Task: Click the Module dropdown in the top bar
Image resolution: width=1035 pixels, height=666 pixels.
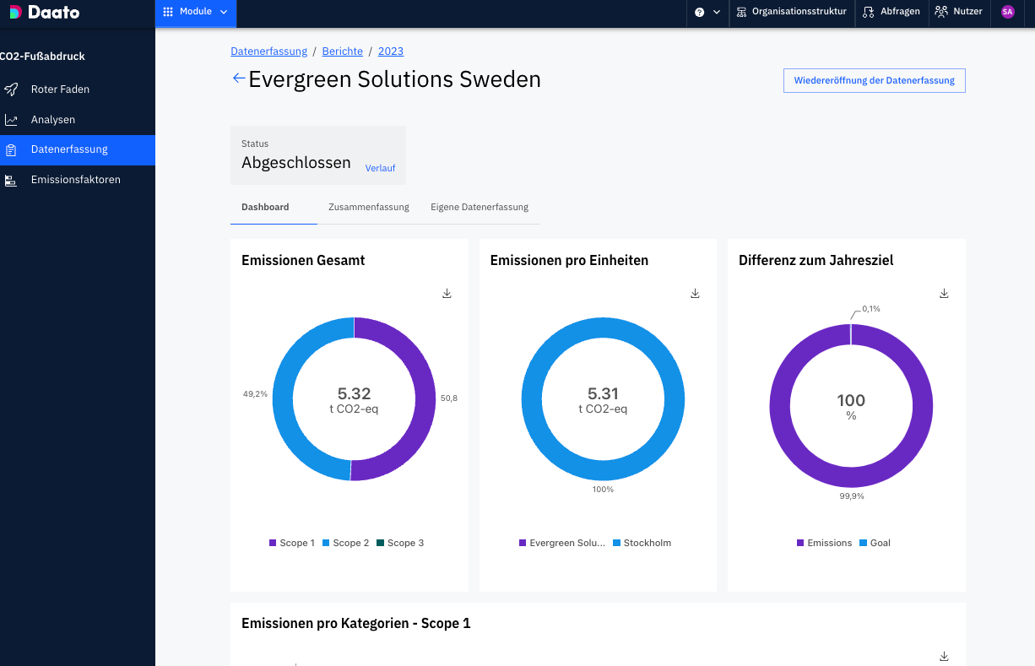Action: click(196, 13)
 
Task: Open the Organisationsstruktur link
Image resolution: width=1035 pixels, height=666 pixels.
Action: click(791, 13)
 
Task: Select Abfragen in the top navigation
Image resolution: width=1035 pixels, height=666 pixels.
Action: click(891, 13)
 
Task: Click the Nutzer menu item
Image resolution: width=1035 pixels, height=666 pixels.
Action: click(958, 13)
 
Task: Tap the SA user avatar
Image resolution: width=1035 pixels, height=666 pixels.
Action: click(1007, 13)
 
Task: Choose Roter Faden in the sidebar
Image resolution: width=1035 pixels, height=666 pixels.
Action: click(60, 89)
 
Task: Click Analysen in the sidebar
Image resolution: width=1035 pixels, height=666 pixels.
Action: click(53, 120)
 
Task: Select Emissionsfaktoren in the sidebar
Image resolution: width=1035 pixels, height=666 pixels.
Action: click(75, 180)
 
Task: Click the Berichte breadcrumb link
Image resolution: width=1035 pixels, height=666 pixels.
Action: click(342, 51)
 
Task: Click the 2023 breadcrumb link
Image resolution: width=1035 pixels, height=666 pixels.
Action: click(391, 51)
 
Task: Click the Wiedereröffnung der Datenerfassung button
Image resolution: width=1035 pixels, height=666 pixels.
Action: click(874, 81)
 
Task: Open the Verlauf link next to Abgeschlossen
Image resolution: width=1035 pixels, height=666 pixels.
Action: click(380, 168)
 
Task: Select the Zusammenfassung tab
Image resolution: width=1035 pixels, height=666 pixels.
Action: click(369, 207)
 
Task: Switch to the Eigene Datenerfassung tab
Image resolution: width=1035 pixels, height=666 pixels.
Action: click(480, 207)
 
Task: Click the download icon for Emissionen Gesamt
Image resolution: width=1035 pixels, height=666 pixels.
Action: click(447, 294)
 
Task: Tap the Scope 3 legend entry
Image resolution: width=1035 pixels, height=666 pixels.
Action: click(400, 543)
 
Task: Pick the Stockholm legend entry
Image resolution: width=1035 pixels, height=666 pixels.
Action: click(642, 543)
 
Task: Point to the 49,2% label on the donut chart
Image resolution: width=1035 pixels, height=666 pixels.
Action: click(255, 393)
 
